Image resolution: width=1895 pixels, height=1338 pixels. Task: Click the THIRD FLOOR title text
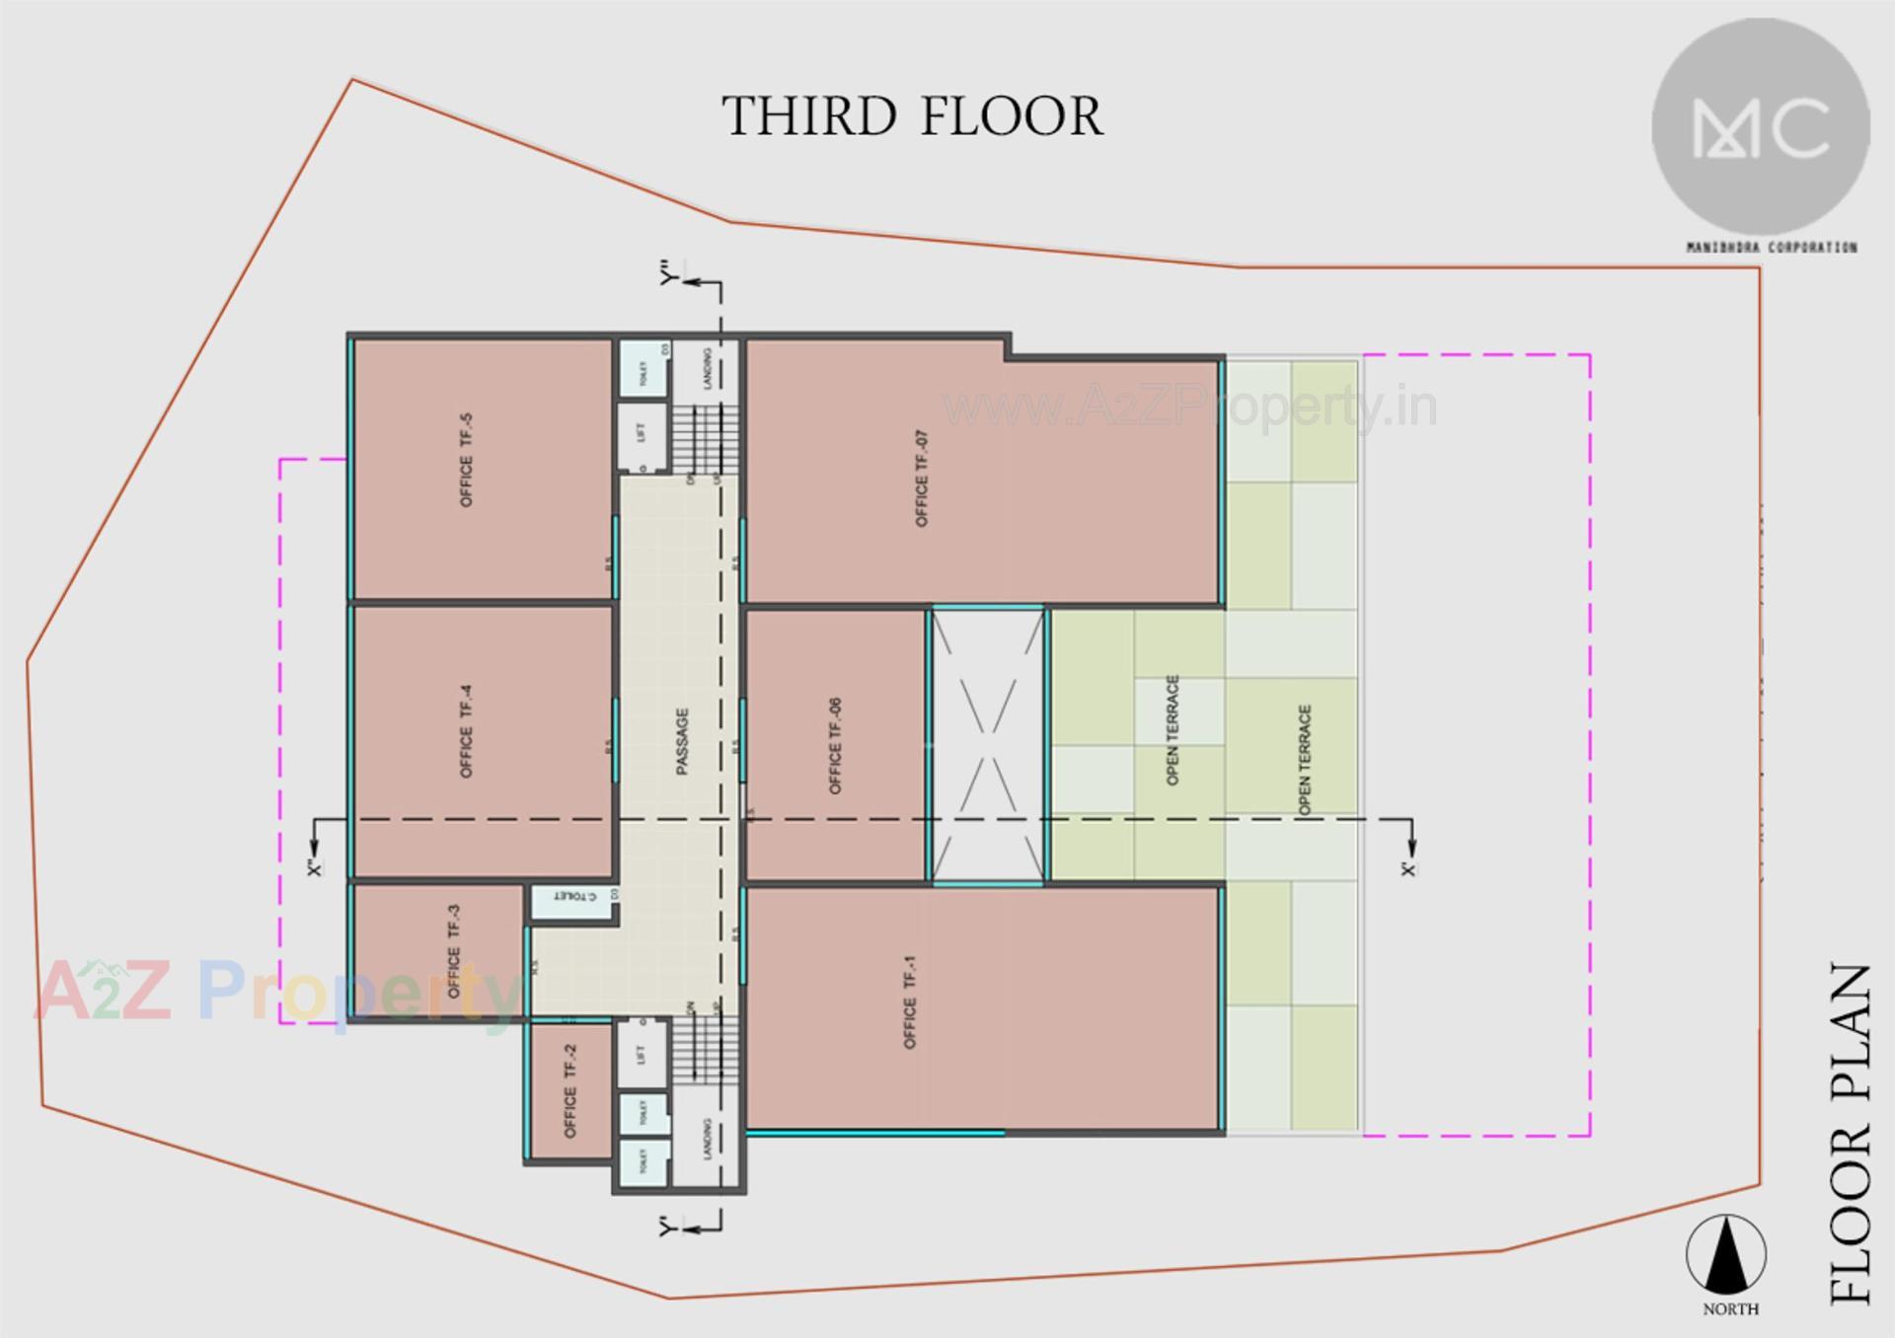click(913, 116)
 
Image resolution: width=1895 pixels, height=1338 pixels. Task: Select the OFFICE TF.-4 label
click(466, 732)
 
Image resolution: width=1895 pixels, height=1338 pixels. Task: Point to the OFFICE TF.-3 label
click(454, 950)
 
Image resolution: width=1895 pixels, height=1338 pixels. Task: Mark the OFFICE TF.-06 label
click(835, 746)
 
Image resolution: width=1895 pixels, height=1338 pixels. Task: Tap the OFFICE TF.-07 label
click(921, 479)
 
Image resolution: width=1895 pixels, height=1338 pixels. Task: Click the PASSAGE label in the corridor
click(682, 741)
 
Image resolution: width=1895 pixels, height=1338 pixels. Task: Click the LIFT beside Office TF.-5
click(643, 432)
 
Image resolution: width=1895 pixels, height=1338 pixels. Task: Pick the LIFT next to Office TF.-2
click(643, 1054)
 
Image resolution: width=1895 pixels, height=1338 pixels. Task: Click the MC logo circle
click(1761, 127)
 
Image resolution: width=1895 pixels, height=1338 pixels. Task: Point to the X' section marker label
click(1408, 868)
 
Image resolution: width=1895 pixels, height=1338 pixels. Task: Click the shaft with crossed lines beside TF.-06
click(988, 746)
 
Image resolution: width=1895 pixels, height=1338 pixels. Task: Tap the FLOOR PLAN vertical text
click(1850, 1135)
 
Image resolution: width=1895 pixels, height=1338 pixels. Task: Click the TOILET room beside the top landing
click(643, 367)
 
